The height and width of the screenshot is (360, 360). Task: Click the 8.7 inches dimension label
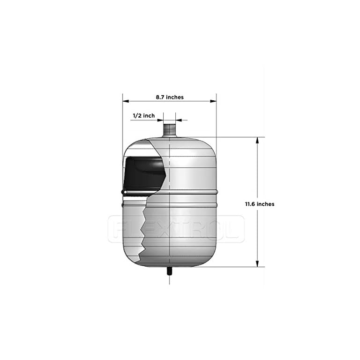click(x=170, y=97)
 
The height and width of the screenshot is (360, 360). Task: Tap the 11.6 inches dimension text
click(x=259, y=204)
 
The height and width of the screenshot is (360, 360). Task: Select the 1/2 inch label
click(x=143, y=115)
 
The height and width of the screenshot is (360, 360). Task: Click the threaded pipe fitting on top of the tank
click(x=169, y=128)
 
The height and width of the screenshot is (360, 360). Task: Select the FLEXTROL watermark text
click(x=176, y=229)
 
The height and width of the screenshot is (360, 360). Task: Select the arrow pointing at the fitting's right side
click(x=180, y=120)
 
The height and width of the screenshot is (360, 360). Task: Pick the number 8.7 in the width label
click(x=160, y=97)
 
